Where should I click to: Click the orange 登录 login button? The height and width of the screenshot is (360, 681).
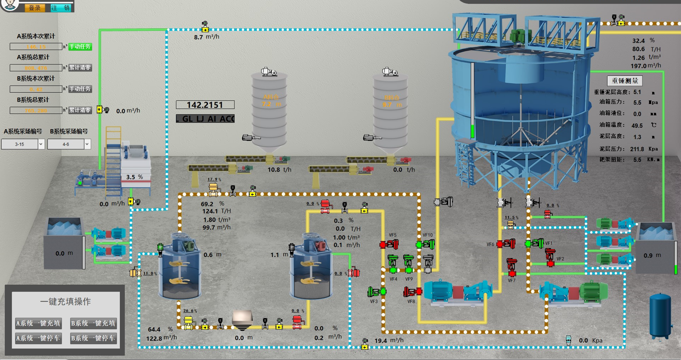(x=35, y=8)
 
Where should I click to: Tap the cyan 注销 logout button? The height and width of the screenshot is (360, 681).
(x=61, y=8)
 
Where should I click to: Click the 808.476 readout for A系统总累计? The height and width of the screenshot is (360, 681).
(x=36, y=68)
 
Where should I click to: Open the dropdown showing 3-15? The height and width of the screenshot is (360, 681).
(x=23, y=144)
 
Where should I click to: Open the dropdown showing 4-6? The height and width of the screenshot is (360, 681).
(x=68, y=144)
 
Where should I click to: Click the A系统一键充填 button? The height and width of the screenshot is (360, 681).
(x=38, y=323)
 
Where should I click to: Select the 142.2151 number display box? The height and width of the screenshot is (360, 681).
(x=205, y=105)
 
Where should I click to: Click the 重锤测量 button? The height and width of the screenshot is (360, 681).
(x=625, y=81)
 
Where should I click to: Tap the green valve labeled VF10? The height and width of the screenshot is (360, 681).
(x=425, y=244)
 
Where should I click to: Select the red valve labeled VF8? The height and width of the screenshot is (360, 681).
(x=412, y=292)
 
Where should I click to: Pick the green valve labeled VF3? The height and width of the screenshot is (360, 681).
(x=377, y=292)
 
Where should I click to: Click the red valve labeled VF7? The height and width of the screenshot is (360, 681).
(x=512, y=267)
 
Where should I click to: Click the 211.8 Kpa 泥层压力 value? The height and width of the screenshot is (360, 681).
(x=637, y=149)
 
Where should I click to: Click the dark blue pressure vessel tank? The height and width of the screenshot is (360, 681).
(x=660, y=315)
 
